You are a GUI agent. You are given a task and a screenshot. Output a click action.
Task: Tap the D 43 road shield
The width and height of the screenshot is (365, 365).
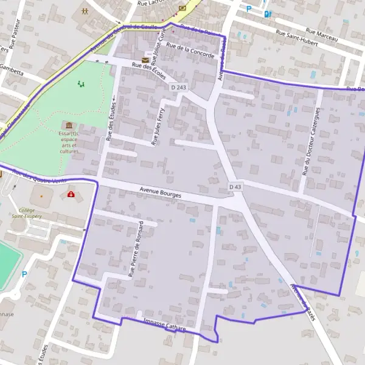pyautogui.click(x=235, y=186)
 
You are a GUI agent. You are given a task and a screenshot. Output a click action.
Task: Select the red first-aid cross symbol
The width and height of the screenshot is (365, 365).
pyautogui.click(x=71, y=195)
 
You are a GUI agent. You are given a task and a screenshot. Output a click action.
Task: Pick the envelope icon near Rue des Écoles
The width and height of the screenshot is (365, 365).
pyautogui.click(x=145, y=59)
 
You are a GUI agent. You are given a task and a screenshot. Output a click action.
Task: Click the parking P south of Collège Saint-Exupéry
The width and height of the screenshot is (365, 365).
pyautogui.click(x=24, y=274)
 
